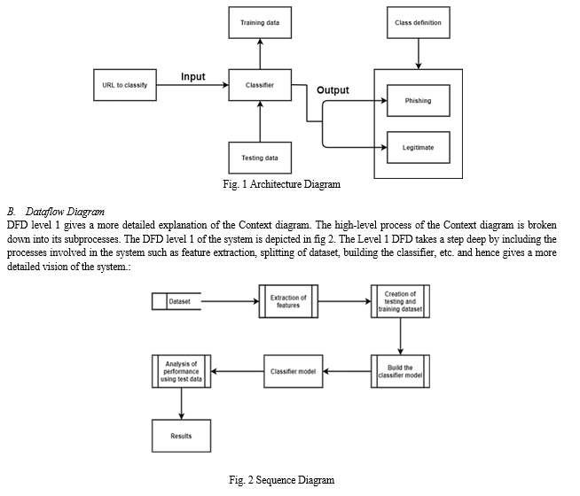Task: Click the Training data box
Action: pos(260,22)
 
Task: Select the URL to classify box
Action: pos(125,85)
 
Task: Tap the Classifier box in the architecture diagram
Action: pos(260,85)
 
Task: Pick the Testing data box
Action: pos(260,158)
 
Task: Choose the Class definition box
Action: pos(419,22)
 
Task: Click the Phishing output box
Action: pos(419,100)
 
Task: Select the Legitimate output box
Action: pos(419,147)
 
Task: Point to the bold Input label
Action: pos(193,76)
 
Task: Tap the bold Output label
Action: pos(333,90)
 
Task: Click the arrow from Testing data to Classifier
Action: pos(260,121)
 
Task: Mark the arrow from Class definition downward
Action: pos(419,54)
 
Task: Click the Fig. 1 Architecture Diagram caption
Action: pos(281,184)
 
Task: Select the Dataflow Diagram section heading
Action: pos(65,212)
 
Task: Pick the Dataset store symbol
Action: pos(176,301)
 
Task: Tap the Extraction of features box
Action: pos(288,301)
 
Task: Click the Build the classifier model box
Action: pos(400,371)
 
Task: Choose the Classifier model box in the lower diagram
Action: pos(293,371)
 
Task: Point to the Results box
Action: pos(181,436)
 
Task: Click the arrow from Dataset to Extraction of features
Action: pos(230,301)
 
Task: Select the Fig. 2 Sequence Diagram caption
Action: pos(281,480)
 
